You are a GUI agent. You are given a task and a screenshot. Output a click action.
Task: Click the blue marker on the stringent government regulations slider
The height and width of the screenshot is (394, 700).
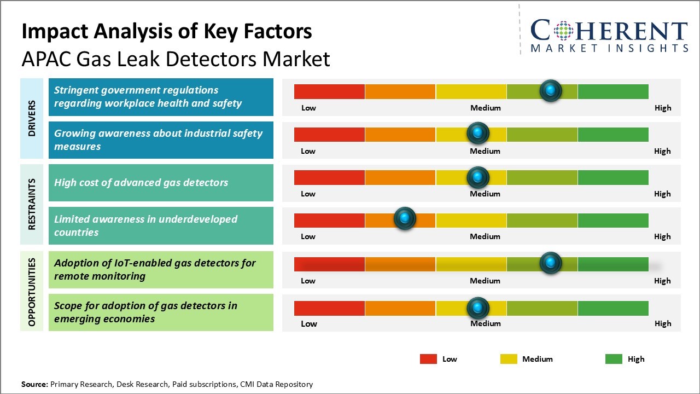(x=551, y=91)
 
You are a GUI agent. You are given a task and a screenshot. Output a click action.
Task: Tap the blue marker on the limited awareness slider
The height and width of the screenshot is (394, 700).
(x=405, y=219)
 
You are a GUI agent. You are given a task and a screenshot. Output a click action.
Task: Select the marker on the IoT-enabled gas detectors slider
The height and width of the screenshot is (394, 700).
(x=551, y=263)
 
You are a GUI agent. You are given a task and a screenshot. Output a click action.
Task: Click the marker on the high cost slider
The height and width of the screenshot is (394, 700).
(x=478, y=177)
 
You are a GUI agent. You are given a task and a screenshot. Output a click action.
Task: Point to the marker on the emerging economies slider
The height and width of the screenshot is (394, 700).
(x=478, y=308)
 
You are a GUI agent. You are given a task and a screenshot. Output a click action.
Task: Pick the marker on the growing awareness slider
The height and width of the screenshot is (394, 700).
(x=478, y=133)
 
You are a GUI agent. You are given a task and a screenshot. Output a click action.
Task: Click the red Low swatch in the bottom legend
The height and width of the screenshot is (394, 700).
(x=428, y=359)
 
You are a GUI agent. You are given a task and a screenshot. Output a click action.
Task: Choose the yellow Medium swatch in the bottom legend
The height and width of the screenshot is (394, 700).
(x=509, y=359)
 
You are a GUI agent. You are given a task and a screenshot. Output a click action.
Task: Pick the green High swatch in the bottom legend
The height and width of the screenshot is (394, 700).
(x=614, y=359)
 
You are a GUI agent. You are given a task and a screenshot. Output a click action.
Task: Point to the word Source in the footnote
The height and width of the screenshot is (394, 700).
(x=34, y=384)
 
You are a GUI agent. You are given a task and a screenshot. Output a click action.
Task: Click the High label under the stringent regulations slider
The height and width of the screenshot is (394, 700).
(x=663, y=108)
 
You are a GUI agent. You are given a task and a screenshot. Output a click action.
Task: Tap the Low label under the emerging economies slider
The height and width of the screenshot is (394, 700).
(x=309, y=323)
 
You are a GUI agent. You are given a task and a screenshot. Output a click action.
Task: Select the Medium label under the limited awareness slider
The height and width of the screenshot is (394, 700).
(x=485, y=236)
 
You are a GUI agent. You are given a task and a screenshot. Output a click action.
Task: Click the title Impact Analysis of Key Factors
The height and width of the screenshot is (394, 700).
(x=167, y=32)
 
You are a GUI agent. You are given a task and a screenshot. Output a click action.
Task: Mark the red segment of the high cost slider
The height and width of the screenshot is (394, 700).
(x=329, y=177)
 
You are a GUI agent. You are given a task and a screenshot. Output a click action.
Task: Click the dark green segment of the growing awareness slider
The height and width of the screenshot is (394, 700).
(x=613, y=134)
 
